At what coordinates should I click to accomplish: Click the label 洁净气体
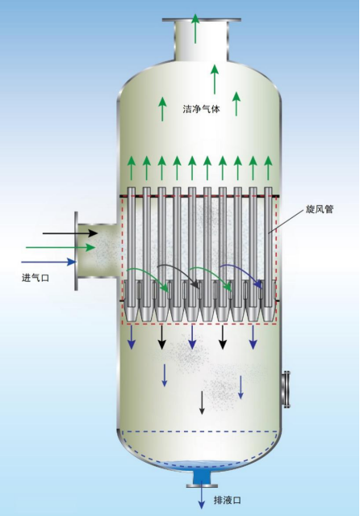click(x=201, y=109)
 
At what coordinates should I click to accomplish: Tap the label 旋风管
click(x=320, y=210)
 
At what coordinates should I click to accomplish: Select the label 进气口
click(x=36, y=278)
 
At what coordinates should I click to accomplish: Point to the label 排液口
click(x=228, y=501)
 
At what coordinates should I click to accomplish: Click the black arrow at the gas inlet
click(x=70, y=233)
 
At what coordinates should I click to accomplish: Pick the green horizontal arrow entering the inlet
click(x=61, y=247)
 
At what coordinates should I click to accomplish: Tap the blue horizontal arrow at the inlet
click(x=48, y=262)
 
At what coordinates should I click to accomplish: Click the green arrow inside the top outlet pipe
click(x=195, y=28)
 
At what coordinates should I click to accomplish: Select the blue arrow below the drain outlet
click(x=201, y=497)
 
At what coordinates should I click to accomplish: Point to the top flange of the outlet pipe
click(x=201, y=20)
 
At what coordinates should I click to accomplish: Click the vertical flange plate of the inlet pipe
click(x=77, y=251)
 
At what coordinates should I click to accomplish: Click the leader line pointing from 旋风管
click(x=286, y=221)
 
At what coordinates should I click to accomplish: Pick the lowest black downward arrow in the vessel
click(x=202, y=402)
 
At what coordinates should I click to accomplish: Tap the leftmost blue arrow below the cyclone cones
click(x=132, y=338)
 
